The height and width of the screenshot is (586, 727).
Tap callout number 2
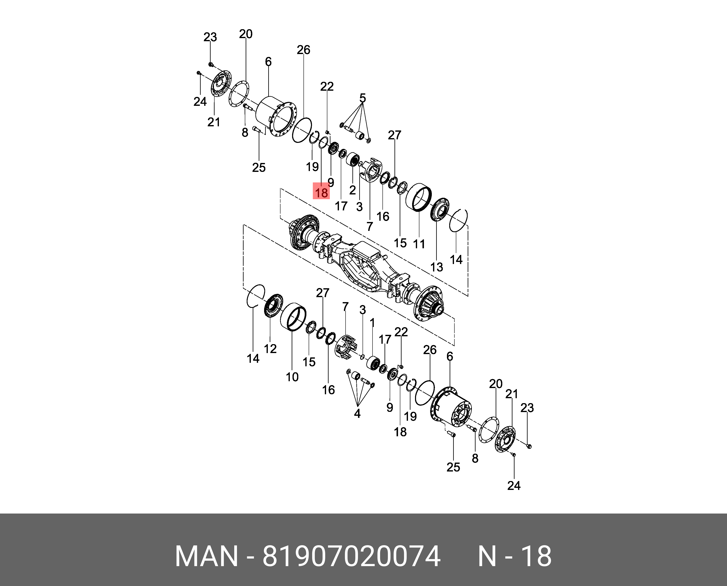(x=353, y=190)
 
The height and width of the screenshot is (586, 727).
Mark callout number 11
(x=419, y=244)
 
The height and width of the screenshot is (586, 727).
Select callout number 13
(x=437, y=267)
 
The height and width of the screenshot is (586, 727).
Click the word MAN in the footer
(x=206, y=556)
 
